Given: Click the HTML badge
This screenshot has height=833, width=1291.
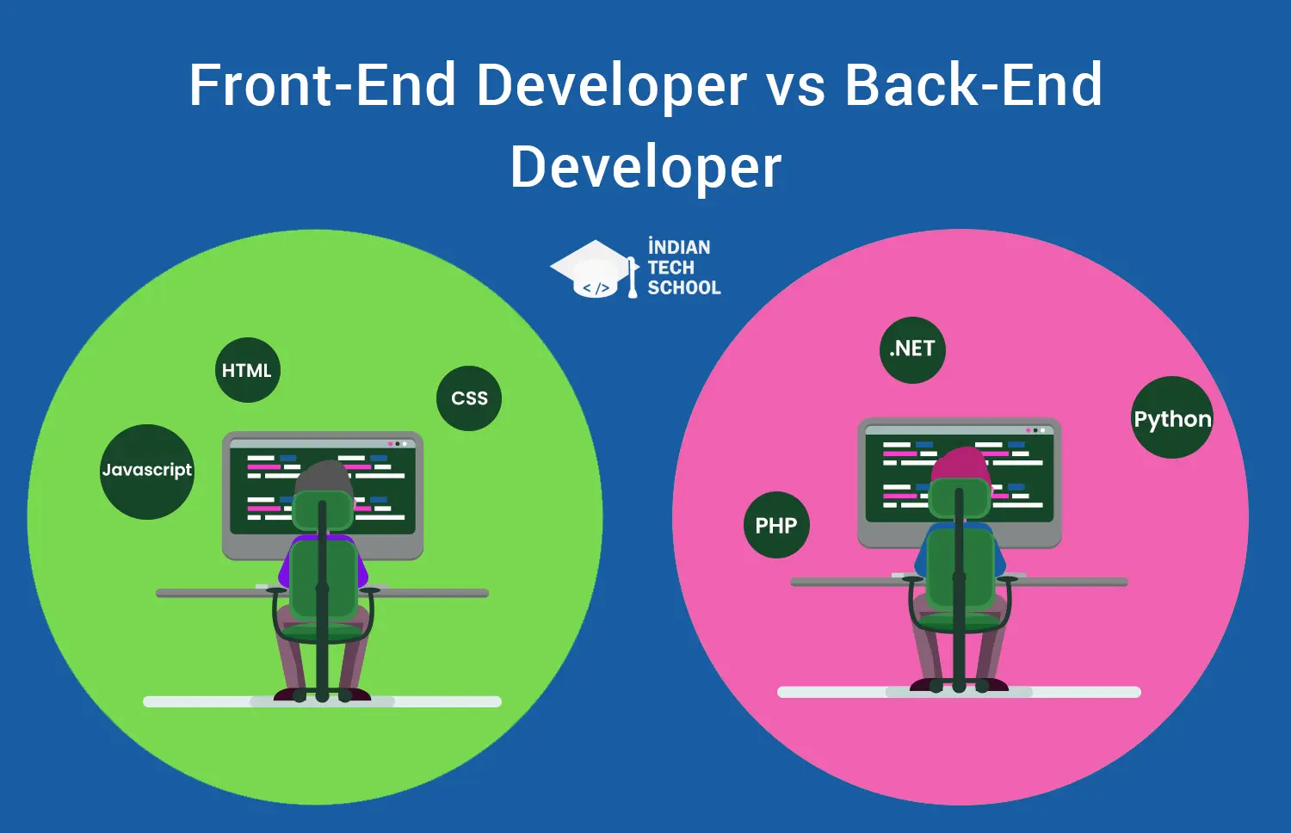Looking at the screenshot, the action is pyautogui.click(x=247, y=370).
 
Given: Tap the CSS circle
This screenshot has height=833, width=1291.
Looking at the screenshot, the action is pyautogui.click(x=469, y=398).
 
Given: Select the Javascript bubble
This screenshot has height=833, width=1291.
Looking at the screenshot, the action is pyautogui.click(x=147, y=472).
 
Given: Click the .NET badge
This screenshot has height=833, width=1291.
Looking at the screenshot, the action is pyautogui.click(x=912, y=349).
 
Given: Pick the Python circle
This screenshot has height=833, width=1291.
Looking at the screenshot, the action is pyautogui.click(x=1171, y=417).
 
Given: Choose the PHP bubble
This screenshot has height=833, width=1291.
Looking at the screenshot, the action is pyautogui.click(x=776, y=525).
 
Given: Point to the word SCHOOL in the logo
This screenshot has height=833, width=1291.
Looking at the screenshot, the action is pyautogui.click(x=684, y=287).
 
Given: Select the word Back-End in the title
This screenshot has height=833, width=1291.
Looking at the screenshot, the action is pyautogui.click(x=973, y=84).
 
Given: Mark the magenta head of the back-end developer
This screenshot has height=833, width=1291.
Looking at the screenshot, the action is pyautogui.click(x=961, y=465).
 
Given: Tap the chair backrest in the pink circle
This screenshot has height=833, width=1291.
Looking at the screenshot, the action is pyautogui.click(x=959, y=567).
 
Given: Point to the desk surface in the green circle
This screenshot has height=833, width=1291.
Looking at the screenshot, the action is pyautogui.click(x=322, y=593).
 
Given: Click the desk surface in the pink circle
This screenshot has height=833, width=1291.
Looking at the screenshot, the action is pyautogui.click(x=959, y=582).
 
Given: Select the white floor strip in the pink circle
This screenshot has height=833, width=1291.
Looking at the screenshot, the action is pyautogui.click(x=959, y=692).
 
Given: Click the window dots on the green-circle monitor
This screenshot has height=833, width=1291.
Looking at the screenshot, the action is pyautogui.click(x=398, y=443).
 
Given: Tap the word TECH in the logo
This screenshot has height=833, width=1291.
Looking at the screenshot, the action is pyautogui.click(x=670, y=268).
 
